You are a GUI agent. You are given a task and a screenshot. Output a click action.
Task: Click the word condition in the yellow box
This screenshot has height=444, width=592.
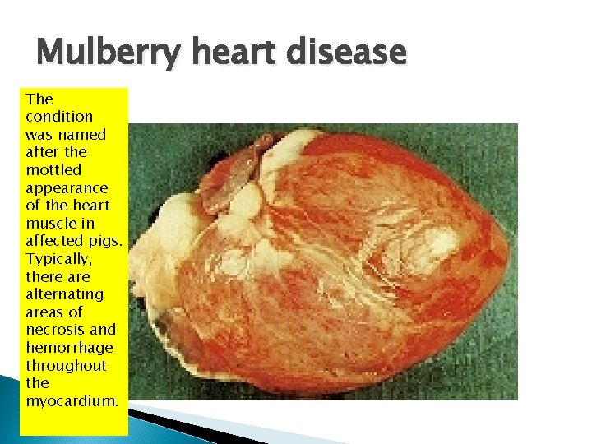(59, 117)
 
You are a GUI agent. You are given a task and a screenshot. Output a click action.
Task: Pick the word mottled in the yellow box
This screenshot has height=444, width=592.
(53, 169)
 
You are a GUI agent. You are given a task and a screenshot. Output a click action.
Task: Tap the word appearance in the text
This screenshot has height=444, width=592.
(67, 187)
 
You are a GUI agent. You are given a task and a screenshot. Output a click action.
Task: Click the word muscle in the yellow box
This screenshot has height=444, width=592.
(48, 223)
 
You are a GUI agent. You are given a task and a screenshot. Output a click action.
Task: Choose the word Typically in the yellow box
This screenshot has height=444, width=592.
(58, 258)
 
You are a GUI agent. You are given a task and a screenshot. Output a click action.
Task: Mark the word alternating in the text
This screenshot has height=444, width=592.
(64, 294)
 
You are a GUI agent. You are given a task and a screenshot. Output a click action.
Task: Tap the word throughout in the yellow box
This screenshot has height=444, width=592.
(66, 365)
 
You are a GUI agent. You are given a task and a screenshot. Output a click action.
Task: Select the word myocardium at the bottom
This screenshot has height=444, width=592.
(72, 400)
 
